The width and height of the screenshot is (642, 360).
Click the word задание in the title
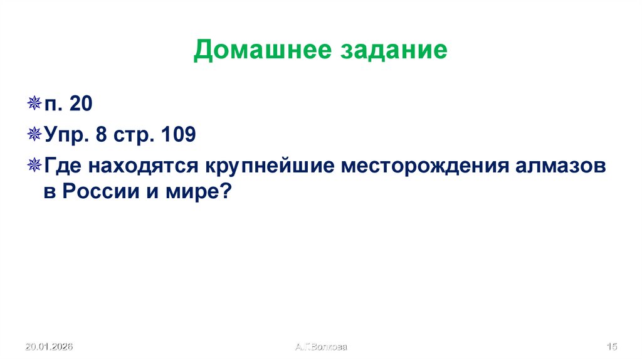click(394, 50)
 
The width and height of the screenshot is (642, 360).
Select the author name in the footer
click(320, 346)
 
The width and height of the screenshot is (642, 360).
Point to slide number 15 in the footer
click(613, 346)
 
